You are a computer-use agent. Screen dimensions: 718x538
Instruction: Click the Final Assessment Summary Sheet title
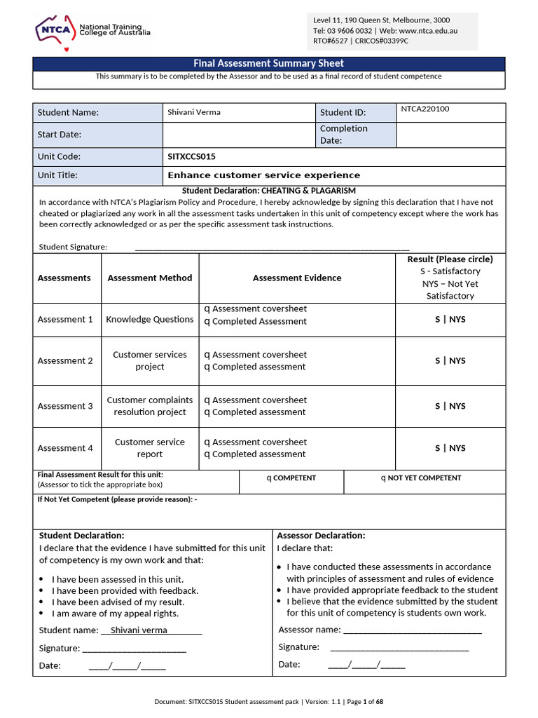click(268, 64)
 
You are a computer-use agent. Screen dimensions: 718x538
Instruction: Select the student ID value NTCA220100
click(425, 109)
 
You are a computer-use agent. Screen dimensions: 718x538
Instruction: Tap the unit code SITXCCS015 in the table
click(192, 157)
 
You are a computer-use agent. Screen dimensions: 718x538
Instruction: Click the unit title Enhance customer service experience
click(264, 175)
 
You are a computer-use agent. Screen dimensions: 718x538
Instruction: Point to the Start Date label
click(60, 135)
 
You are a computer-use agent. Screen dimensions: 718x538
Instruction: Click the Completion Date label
click(343, 135)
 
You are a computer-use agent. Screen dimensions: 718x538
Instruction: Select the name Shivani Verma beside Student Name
click(194, 113)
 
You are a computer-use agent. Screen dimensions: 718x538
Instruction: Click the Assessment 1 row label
click(65, 320)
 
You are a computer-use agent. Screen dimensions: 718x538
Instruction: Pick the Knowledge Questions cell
click(150, 320)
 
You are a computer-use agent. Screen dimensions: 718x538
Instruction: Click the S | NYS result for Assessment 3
click(450, 406)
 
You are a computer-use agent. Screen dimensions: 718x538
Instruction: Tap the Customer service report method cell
click(150, 448)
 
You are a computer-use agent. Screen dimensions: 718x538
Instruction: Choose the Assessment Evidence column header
click(297, 278)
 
